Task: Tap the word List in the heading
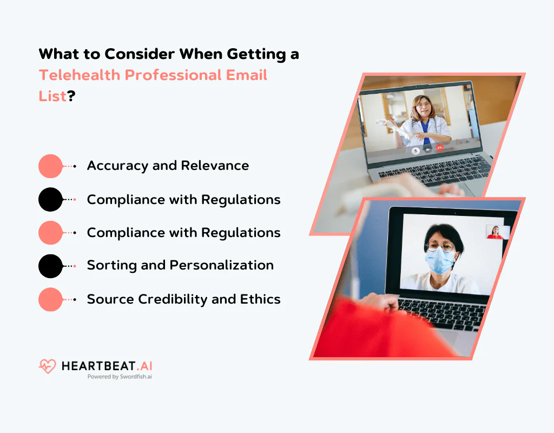(x=52, y=96)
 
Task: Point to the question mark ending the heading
(x=71, y=96)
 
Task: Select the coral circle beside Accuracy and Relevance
(x=51, y=166)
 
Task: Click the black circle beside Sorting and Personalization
(x=51, y=266)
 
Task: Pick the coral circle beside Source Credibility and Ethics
(x=51, y=299)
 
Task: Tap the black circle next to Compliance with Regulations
(x=51, y=200)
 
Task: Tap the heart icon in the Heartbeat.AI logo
(x=48, y=366)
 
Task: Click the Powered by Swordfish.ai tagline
(x=120, y=377)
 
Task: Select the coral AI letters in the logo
(x=144, y=366)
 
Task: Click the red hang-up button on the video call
(x=439, y=147)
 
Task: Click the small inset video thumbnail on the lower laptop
(x=496, y=232)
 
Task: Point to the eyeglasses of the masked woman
(x=440, y=247)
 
